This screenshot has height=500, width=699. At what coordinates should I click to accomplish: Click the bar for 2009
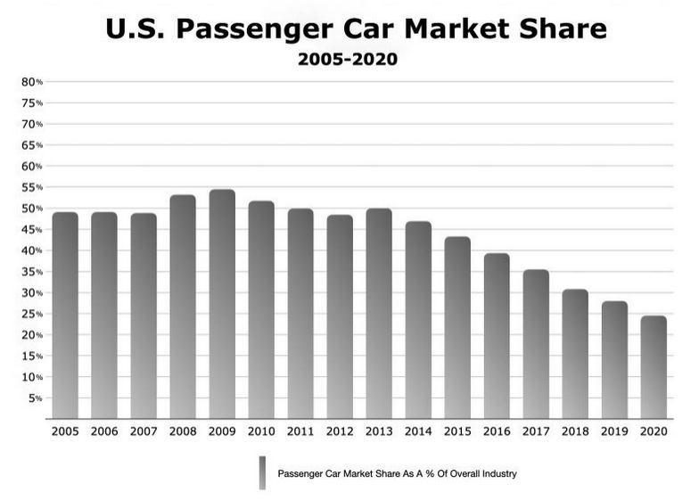coord(222,304)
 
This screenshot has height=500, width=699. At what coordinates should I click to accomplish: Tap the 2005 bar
coord(65,316)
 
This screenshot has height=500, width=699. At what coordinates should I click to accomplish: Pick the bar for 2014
coord(418,320)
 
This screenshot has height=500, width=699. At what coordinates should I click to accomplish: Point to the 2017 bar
coord(536,344)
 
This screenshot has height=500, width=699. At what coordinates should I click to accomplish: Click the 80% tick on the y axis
coord(32,82)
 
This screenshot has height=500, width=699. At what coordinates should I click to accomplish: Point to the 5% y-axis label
coord(35,398)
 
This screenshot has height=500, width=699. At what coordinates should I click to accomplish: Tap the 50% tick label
coord(32,209)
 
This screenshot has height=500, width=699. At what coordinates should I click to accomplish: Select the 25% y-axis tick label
coord(32,314)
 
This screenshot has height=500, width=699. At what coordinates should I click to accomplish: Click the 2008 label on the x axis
coord(183,431)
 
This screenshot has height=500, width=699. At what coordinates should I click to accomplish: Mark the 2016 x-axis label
coord(497,431)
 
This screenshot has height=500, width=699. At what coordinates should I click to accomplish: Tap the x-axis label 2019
coord(614,431)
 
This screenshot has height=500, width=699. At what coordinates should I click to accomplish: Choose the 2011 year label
coord(300,431)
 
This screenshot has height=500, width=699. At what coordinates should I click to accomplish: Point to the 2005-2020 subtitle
coord(348,61)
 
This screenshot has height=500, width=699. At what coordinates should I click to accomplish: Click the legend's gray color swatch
coord(262,473)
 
